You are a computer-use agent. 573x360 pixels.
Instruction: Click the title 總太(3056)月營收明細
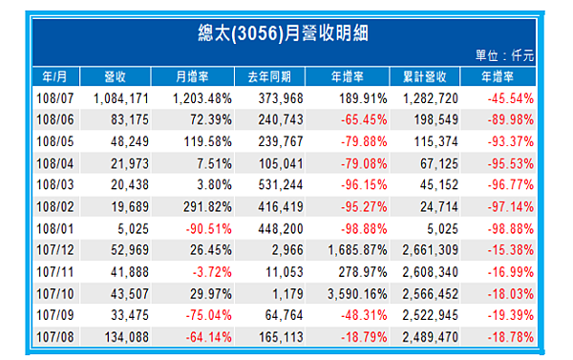[x=286, y=32]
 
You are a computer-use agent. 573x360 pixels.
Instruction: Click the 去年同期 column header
[x=279, y=75]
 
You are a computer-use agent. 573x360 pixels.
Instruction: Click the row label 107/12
[x=54, y=251]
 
